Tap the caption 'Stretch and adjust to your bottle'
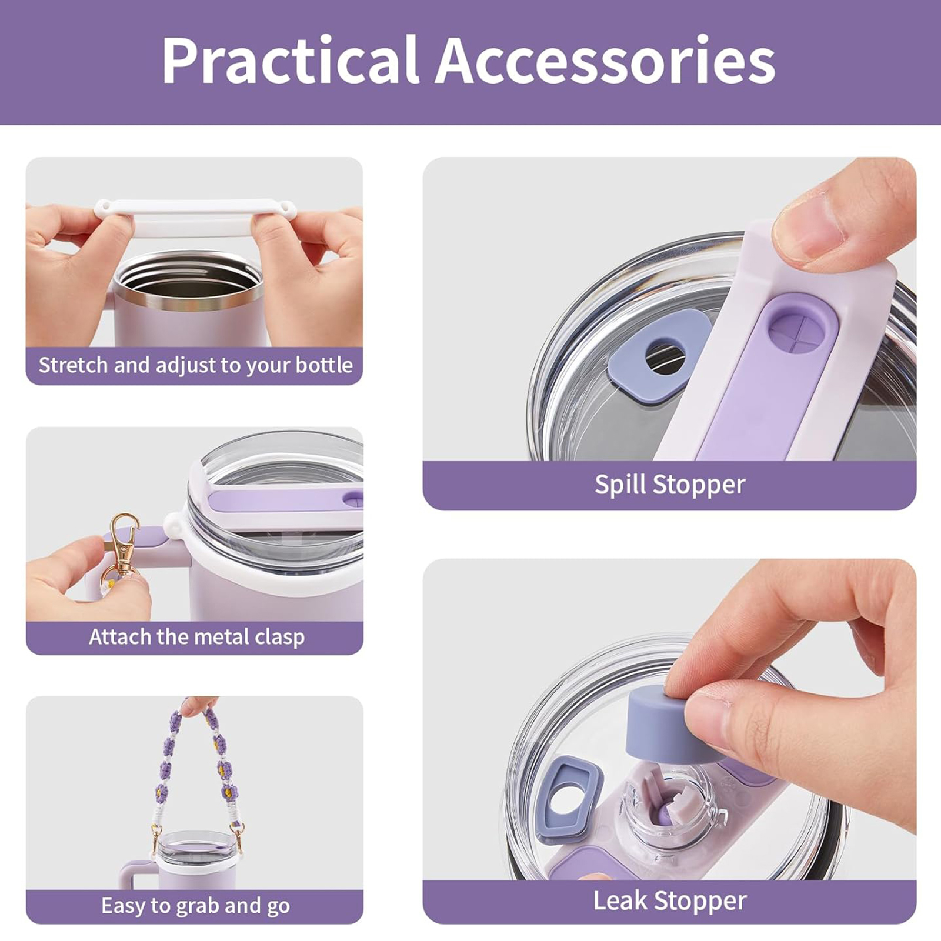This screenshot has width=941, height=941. [195, 365]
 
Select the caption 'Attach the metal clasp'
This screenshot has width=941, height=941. [196, 636]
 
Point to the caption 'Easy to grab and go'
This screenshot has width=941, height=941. [195, 905]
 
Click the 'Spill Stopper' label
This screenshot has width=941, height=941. [670, 485]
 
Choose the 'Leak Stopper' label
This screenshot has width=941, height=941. [670, 900]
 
